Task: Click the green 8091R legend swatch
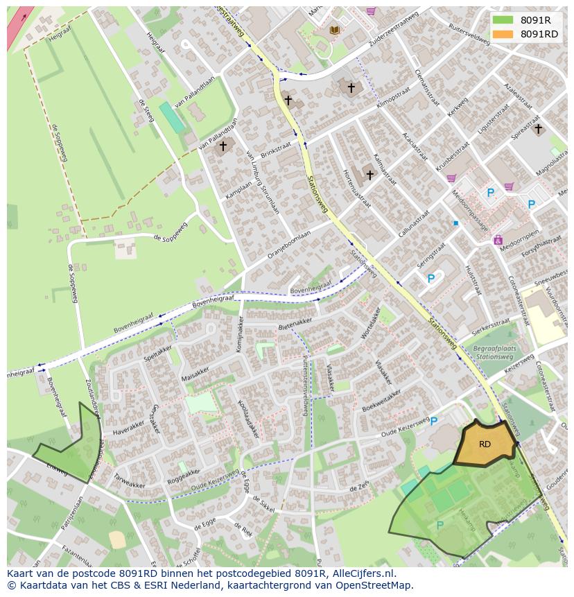point(503,20)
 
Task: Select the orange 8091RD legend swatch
point(503,34)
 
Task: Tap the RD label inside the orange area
point(485,444)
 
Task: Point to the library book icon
point(335,30)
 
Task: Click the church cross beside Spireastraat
point(538,128)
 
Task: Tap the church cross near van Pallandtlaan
point(223,146)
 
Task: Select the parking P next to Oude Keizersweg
point(434,421)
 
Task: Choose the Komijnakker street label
point(239,334)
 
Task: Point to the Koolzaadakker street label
point(247,418)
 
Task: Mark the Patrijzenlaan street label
point(69,512)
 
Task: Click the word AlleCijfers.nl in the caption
point(364,573)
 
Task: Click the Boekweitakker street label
point(381,401)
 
